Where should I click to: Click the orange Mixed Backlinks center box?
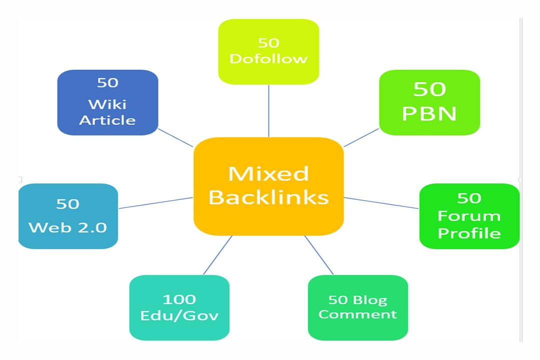(x=268, y=186)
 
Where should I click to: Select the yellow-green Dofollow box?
(x=268, y=51)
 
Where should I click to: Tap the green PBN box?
(x=429, y=102)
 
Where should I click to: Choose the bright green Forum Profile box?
(x=469, y=216)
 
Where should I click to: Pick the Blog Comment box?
(x=357, y=307)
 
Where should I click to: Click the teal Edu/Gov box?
(x=179, y=307)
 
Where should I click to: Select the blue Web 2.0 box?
(x=68, y=216)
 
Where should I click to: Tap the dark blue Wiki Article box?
(x=107, y=102)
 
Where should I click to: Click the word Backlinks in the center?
(x=268, y=197)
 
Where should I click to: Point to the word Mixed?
(x=268, y=174)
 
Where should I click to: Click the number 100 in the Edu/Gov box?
(x=179, y=299)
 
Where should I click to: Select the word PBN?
(x=429, y=114)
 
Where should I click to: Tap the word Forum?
(x=469, y=216)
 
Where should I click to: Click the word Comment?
(x=357, y=314)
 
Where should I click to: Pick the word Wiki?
(x=107, y=104)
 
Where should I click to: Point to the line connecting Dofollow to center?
(x=269, y=110)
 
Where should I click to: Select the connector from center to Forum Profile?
(x=381, y=202)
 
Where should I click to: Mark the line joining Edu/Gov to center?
(x=218, y=255)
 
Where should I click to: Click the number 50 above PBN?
(x=429, y=89)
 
